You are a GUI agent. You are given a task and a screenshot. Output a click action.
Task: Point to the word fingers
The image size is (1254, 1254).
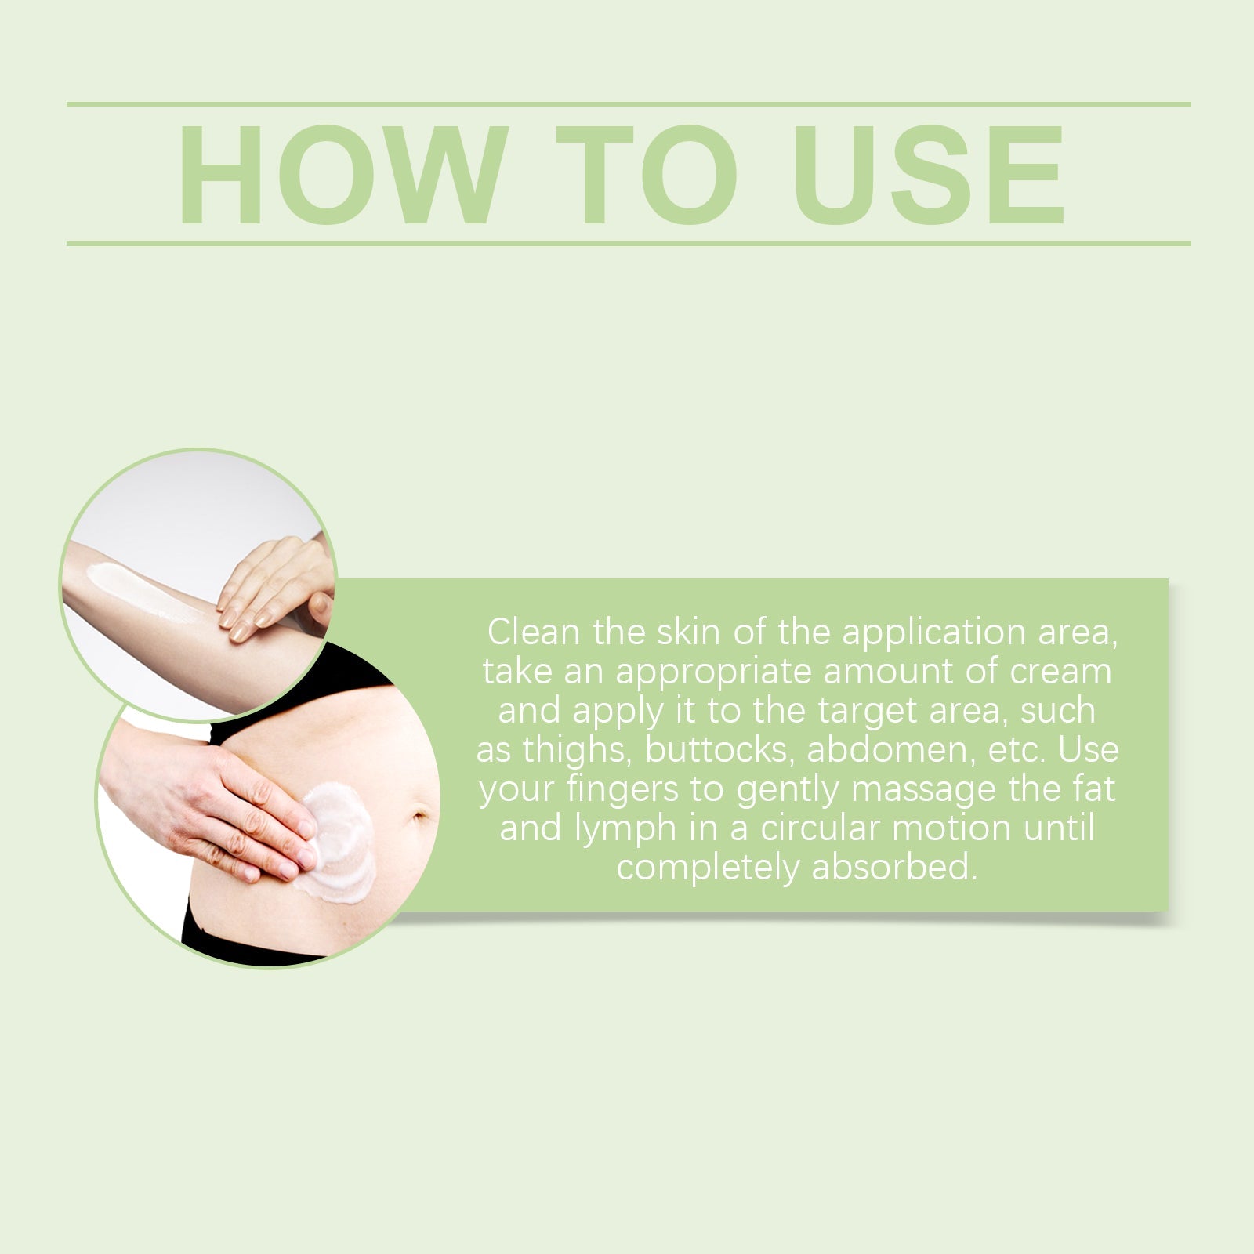tap(625, 789)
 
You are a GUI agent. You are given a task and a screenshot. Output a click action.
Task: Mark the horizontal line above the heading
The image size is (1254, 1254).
tap(627, 103)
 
